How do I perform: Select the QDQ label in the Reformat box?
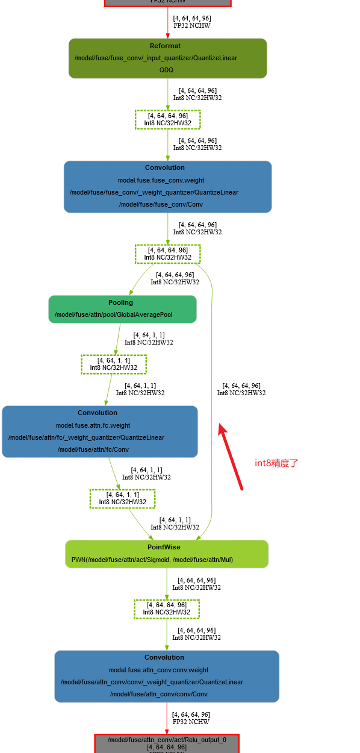(167, 70)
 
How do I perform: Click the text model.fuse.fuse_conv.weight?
(161, 180)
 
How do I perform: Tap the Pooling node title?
(120, 302)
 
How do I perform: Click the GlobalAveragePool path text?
(123, 314)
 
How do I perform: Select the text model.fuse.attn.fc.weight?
(93, 425)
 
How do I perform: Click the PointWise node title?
(164, 547)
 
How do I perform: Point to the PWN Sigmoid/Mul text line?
(152, 560)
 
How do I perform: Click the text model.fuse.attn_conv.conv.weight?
(159, 670)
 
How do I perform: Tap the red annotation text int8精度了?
(277, 463)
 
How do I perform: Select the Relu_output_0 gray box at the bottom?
(167, 744)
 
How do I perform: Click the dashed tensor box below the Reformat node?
(167, 119)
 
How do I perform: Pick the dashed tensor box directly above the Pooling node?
(167, 254)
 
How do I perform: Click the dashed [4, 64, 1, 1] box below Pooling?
(114, 364)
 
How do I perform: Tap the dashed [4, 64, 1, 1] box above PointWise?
(122, 498)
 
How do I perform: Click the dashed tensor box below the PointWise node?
(167, 608)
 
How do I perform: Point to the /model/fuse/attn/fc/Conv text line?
(93, 449)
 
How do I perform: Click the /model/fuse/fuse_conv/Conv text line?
(161, 204)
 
